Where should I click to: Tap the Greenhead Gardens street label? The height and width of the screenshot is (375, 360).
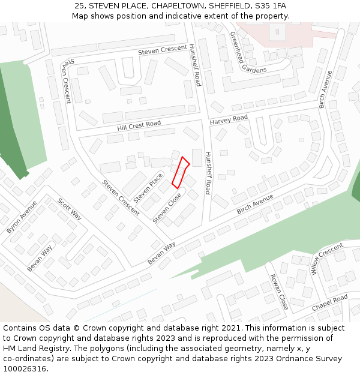point(248,52)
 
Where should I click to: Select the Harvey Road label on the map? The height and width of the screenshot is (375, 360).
point(229,121)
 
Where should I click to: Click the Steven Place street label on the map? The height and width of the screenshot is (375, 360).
point(148,187)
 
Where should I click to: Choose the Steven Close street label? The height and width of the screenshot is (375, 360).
point(167,208)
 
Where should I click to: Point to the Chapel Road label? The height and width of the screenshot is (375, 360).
point(329,303)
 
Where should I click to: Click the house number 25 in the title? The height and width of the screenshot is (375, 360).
point(79,5)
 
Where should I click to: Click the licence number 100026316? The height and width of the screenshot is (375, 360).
point(26,369)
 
